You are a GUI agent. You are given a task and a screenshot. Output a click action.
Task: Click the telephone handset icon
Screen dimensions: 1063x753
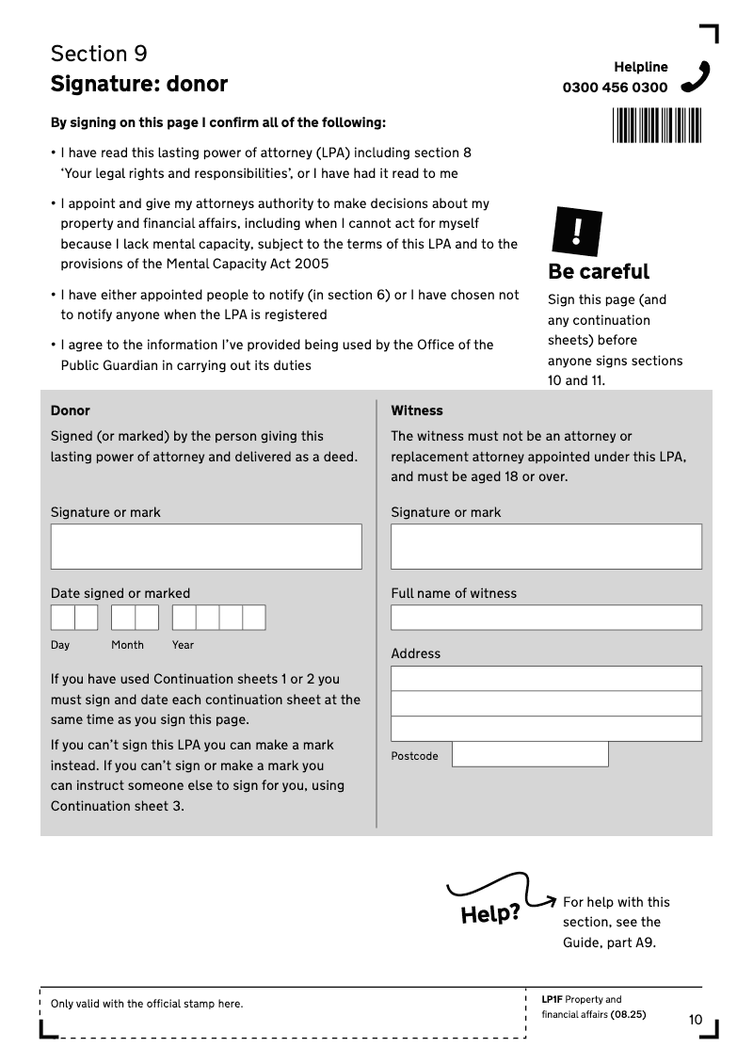coord(696,76)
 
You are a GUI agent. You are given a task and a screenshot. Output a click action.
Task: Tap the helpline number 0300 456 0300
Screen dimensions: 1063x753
coord(615,88)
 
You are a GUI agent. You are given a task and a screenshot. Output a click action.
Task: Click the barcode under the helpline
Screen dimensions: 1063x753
coord(657,125)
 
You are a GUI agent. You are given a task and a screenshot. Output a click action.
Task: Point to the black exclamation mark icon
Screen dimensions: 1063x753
coord(575,232)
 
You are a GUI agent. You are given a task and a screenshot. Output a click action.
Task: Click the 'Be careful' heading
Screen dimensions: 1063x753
coord(599,271)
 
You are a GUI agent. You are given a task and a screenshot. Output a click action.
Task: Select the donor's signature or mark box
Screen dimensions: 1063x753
coord(206,546)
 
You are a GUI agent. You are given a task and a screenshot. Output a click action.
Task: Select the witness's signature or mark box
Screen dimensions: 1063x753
coord(546,546)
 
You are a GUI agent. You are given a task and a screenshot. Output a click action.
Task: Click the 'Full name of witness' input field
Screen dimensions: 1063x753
coord(546,618)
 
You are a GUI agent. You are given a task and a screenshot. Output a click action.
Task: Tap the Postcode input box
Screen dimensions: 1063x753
coord(530,754)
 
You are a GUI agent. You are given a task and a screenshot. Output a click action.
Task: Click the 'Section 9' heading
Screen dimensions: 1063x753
coord(99,53)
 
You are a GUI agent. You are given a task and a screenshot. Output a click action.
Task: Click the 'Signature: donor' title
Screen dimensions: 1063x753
coord(139,84)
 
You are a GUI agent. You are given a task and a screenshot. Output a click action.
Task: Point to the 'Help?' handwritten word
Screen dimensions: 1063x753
coord(489,913)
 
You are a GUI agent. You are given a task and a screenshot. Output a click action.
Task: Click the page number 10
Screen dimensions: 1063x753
coord(696,1020)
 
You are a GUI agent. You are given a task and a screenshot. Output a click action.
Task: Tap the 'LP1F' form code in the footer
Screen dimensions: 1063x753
coord(552,999)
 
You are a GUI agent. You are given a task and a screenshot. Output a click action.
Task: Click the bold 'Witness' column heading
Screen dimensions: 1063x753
coord(417,411)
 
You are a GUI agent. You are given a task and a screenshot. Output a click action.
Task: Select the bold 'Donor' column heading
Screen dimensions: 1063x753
coord(71,411)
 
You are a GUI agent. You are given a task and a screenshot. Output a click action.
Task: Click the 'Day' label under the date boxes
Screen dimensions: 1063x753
coord(60,645)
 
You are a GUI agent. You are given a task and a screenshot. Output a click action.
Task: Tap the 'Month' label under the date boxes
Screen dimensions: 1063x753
coord(127,645)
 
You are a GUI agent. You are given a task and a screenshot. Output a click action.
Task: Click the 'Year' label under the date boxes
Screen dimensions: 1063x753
coord(183,645)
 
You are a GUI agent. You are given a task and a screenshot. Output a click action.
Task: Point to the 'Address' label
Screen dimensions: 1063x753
coord(415,653)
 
